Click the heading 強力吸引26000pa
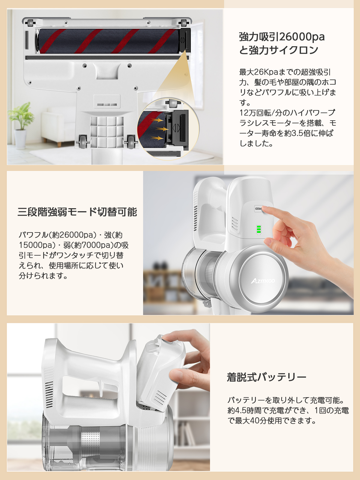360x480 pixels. coord(282,37)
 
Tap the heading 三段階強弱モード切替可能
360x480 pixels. coord(77,212)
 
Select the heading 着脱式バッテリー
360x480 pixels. coord(266,377)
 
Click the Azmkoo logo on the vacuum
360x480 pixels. coord(263,281)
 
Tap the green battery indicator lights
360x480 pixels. coord(259,229)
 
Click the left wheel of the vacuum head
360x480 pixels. coord(83,141)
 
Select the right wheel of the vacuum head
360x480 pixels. coord(131,141)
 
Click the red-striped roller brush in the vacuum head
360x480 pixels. coord(108,41)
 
